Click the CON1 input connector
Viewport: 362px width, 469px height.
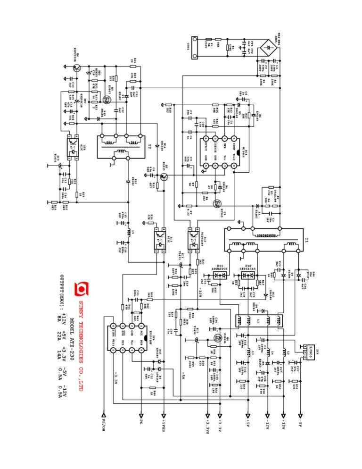click(194, 48)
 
